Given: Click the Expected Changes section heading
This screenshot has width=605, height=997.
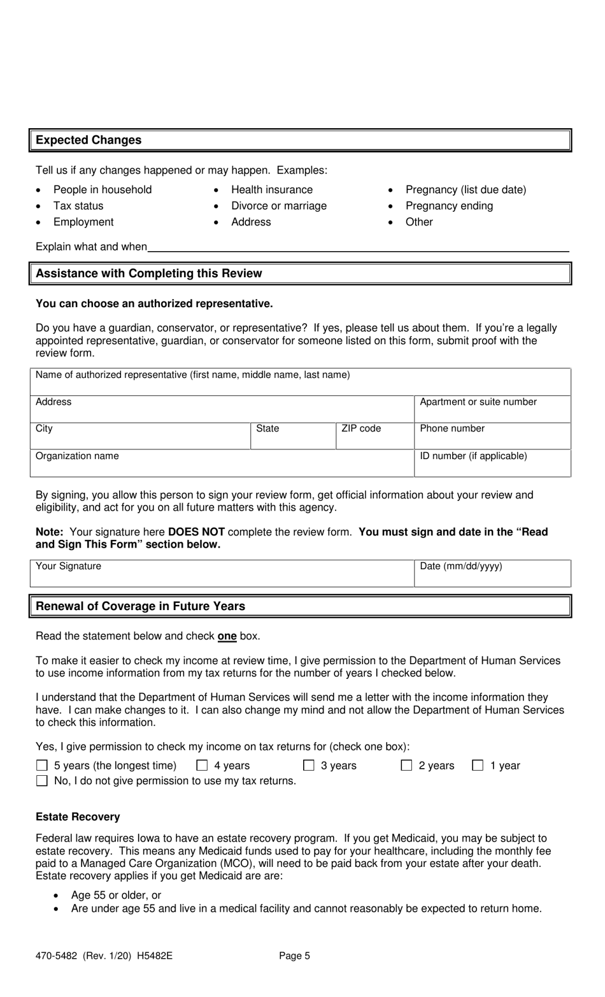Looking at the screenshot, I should coord(89,140).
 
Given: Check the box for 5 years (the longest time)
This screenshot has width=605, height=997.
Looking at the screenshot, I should coord(42,766).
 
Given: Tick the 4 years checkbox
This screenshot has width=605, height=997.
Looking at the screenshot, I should coord(203,766).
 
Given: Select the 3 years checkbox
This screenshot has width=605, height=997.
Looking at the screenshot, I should coord(309,766).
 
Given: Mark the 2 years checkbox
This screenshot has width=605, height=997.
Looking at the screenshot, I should coord(406,766).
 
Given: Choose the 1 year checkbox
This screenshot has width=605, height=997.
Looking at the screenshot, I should coord(478,766).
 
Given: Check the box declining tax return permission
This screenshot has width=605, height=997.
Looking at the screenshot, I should coord(42,781).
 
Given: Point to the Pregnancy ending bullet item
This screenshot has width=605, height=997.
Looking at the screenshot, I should coord(449,206).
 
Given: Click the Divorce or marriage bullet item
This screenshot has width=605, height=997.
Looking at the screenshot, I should coord(278,206).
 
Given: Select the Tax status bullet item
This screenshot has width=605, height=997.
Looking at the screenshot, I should coord(78,206).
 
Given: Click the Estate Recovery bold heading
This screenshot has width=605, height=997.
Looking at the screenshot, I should coord(78,817).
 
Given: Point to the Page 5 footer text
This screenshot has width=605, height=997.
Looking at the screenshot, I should coord(294,956).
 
